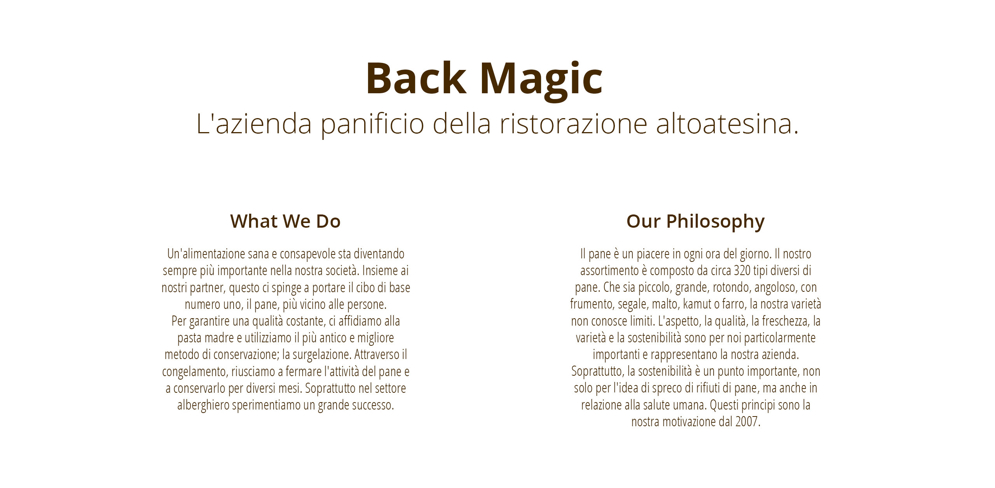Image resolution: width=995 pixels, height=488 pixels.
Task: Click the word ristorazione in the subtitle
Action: tap(573, 124)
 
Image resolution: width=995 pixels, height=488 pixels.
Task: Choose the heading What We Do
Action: tap(285, 221)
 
